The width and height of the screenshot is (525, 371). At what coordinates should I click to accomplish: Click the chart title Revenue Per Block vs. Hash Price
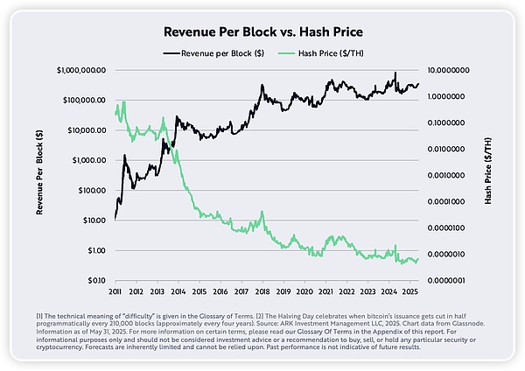[x=262, y=32]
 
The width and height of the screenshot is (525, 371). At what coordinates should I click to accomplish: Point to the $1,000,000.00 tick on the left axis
[x=80, y=69]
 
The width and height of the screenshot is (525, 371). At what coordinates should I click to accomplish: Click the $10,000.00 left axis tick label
[x=86, y=129]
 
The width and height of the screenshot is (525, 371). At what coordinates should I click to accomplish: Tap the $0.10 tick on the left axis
[x=94, y=281]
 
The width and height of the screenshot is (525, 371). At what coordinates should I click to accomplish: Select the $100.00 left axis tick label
[x=90, y=190]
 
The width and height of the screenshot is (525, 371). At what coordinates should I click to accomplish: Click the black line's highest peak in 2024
[x=395, y=73]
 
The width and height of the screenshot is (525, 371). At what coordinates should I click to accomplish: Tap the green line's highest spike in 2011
[x=124, y=101]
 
